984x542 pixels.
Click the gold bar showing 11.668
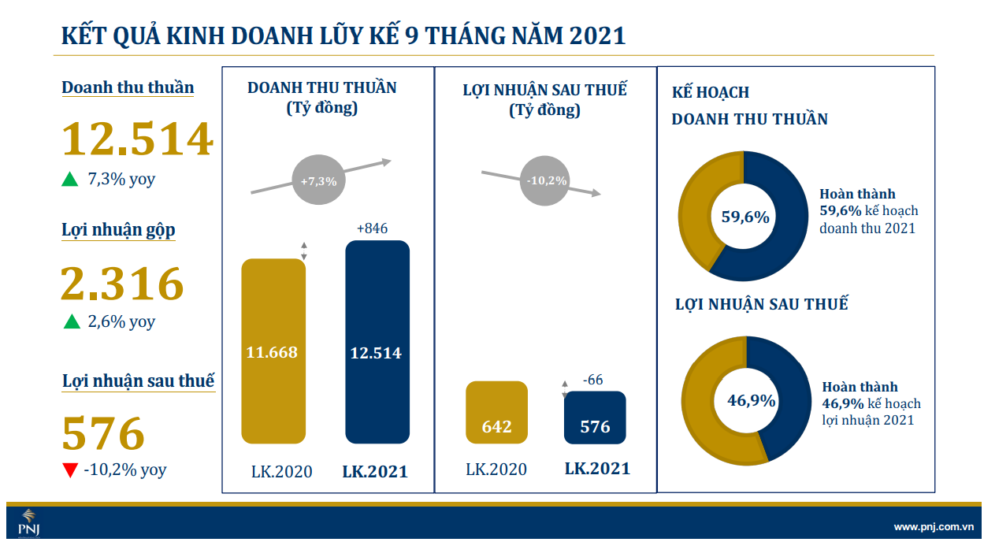[273, 351]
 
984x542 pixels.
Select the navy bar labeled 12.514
[377, 342]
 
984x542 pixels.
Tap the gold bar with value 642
[496, 414]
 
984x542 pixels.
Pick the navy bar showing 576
[595, 418]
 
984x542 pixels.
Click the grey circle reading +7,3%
[318, 181]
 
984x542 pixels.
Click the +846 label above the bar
[372, 228]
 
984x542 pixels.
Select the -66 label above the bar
[592, 380]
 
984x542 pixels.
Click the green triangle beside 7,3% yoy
[70, 180]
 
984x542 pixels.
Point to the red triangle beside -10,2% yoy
[70, 470]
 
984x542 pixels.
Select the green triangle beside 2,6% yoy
[71, 322]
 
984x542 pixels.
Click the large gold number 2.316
[122, 284]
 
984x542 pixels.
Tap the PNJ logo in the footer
[28, 522]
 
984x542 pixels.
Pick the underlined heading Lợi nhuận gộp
[118, 230]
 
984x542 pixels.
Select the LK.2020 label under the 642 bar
[496, 470]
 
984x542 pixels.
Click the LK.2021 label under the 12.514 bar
[375, 472]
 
